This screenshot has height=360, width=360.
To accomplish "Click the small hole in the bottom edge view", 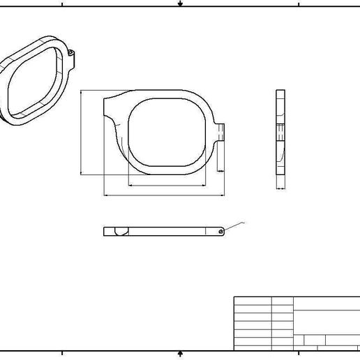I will click(220, 231).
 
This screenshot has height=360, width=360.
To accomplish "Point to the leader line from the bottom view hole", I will click(234, 226).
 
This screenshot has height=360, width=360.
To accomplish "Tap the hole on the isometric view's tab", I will click(72, 52).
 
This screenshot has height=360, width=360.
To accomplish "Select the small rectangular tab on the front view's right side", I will click(220, 133).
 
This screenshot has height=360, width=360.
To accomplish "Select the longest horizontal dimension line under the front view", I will click(164, 195).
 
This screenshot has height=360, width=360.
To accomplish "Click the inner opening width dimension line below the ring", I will click(167, 186).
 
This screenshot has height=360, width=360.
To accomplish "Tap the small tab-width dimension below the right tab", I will click(220, 170).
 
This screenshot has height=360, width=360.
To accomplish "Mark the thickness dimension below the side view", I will click(280, 188).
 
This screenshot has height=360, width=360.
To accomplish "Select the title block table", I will click(296, 323).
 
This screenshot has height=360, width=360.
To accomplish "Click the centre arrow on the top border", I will click(180, 3).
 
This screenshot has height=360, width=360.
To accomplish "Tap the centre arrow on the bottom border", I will click(180, 354).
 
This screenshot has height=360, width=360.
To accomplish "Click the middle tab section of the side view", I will click(280, 133).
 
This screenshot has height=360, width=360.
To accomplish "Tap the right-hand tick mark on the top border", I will click(299, 3).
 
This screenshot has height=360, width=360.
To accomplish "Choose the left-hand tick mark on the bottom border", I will click(61, 354).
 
